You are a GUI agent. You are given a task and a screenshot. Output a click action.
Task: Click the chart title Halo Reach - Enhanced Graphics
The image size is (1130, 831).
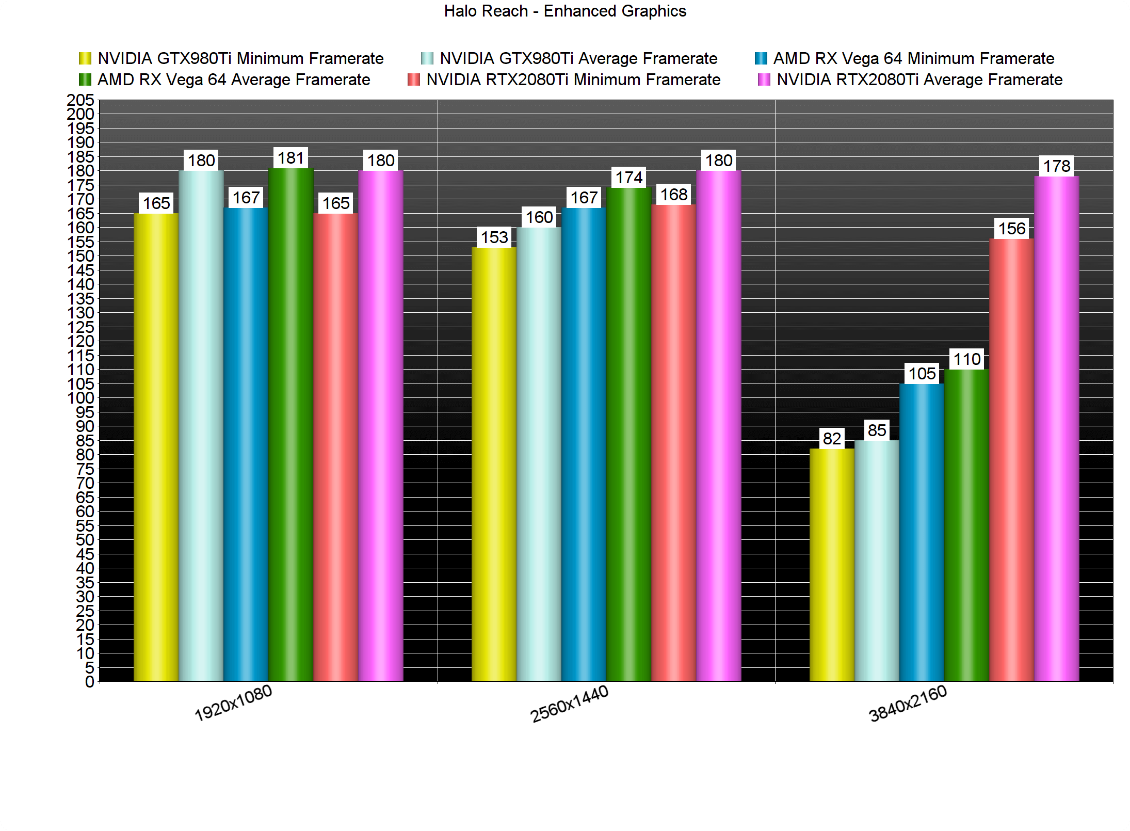click(565, 11)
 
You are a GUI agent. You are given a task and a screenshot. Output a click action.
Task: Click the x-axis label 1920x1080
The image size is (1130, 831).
click(233, 703)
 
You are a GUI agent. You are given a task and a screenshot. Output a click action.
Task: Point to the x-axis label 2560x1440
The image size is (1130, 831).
click(570, 704)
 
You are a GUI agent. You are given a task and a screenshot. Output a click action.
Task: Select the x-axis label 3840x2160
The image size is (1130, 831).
click(908, 704)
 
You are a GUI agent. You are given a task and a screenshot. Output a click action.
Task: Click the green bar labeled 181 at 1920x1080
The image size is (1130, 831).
click(291, 423)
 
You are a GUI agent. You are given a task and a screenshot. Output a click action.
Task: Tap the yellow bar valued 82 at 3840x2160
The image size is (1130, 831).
click(832, 565)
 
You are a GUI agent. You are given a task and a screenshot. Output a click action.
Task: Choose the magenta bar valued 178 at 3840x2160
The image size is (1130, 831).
click(1056, 428)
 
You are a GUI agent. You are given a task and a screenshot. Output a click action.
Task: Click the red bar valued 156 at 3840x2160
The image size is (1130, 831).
click(1011, 459)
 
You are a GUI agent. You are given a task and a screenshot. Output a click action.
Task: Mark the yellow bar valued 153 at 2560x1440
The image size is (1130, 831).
click(494, 465)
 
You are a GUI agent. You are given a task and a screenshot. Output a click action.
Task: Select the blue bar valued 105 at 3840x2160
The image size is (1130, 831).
click(922, 532)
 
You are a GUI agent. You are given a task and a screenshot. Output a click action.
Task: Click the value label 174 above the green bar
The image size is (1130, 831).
click(629, 178)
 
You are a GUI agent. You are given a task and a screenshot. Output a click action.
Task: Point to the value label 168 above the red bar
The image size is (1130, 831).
click(674, 195)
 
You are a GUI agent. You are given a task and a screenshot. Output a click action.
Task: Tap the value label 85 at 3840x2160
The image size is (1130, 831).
click(877, 430)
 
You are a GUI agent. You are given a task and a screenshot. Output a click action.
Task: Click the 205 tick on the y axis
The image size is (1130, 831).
click(80, 100)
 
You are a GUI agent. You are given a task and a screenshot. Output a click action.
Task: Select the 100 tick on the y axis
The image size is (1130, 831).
click(80, 398)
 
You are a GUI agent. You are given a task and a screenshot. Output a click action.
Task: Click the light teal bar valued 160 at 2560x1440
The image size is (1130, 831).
click(539, 454)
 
